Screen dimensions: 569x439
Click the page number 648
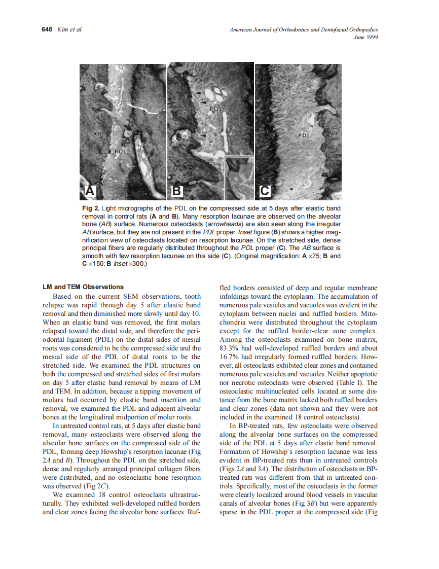coord(47,29)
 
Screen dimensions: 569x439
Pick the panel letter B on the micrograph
coord(177,191)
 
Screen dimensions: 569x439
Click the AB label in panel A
coord(98,133)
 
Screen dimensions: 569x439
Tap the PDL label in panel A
coord(120,152)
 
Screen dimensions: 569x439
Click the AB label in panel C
coord(335,133)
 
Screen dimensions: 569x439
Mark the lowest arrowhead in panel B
coord(203,136)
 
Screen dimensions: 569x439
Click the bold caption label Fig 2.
coord(90,209)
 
